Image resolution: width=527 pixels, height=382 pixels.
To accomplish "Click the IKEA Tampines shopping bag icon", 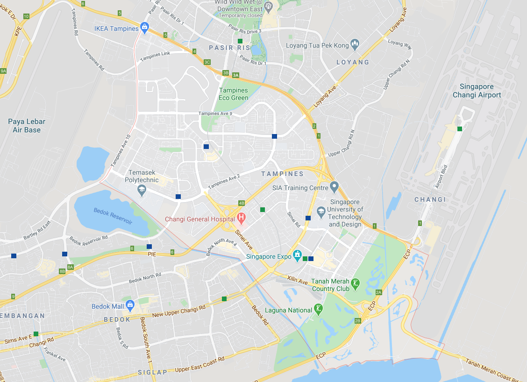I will pos(145,28).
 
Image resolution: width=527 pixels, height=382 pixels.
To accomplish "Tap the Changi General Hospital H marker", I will pos(241,218).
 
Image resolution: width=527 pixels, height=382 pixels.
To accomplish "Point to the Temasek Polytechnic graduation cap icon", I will pos(142,190).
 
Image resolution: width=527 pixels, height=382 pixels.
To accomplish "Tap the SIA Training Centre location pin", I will pos(334,187).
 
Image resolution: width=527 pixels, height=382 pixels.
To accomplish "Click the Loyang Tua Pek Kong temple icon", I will pos(355,45).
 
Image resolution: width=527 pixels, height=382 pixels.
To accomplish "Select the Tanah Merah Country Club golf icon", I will pos(356,283).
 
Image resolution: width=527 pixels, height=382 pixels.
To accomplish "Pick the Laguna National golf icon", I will pos(318,309).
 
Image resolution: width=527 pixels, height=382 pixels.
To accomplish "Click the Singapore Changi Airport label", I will pos(477,91).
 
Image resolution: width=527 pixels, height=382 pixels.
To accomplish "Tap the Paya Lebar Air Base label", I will pos(27,126).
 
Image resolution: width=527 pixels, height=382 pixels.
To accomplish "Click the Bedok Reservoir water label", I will pos(113,216).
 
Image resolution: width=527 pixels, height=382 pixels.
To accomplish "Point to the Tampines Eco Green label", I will pos(234,94).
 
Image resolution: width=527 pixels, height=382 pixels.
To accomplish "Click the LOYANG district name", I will pos(353,62).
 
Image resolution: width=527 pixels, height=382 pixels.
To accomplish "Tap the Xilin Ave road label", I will pos(298,282).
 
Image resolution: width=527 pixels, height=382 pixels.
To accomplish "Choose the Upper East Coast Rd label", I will pos(199,364).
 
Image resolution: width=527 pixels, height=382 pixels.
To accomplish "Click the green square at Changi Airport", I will pos(460,129).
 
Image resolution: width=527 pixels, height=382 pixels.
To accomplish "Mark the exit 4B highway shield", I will pos(242,203).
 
